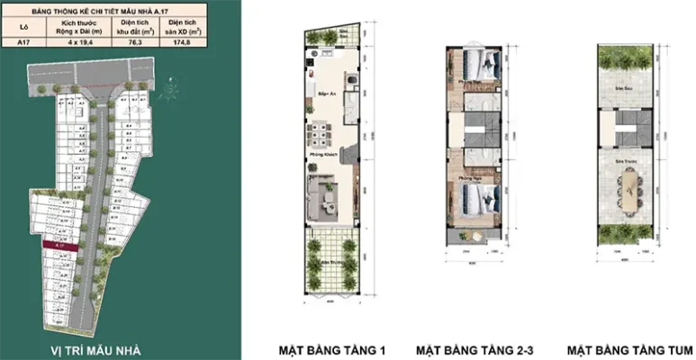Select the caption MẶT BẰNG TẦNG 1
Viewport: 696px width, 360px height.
tap(331, 348)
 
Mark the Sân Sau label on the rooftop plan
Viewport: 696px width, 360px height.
tap(620, 90)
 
